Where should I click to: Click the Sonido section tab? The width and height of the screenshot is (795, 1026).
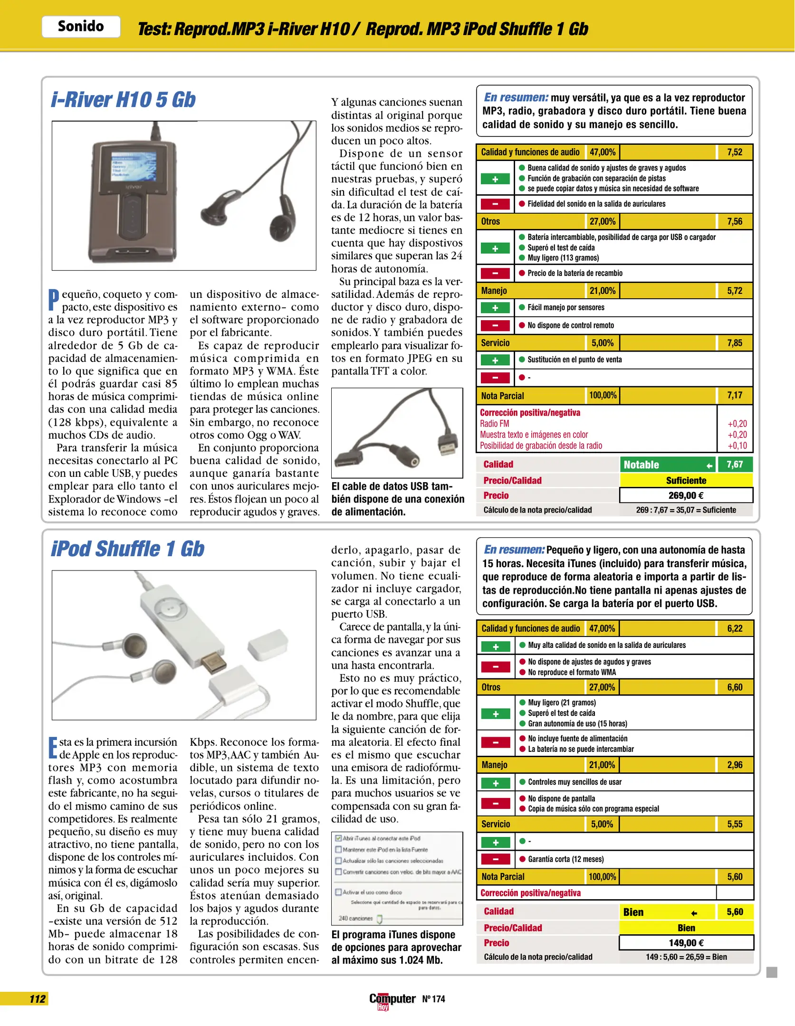point(81,26)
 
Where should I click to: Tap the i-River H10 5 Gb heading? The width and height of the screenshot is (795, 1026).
point(123,100)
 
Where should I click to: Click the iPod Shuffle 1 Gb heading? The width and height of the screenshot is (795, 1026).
point(127,549)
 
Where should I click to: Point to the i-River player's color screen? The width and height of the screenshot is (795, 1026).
point(134,166)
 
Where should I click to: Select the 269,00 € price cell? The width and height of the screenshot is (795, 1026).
point(686,495)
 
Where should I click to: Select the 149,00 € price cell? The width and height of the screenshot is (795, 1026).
point(686,943)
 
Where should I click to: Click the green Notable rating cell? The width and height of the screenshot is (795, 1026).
point(667,465)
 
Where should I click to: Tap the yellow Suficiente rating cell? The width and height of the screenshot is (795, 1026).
point(686,480)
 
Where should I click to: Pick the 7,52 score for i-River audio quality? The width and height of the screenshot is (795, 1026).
point(734,152)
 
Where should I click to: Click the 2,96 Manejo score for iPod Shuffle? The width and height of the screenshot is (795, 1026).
point(734,765)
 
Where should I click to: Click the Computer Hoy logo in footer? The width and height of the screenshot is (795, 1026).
point(392,999)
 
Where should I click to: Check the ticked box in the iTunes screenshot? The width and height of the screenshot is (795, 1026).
point(338,838)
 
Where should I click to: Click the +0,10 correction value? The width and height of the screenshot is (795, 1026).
point(737,446)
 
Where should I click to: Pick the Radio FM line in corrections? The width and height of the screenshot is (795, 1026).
point(494,424)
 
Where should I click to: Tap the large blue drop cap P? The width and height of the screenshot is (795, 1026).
point(54,299)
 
